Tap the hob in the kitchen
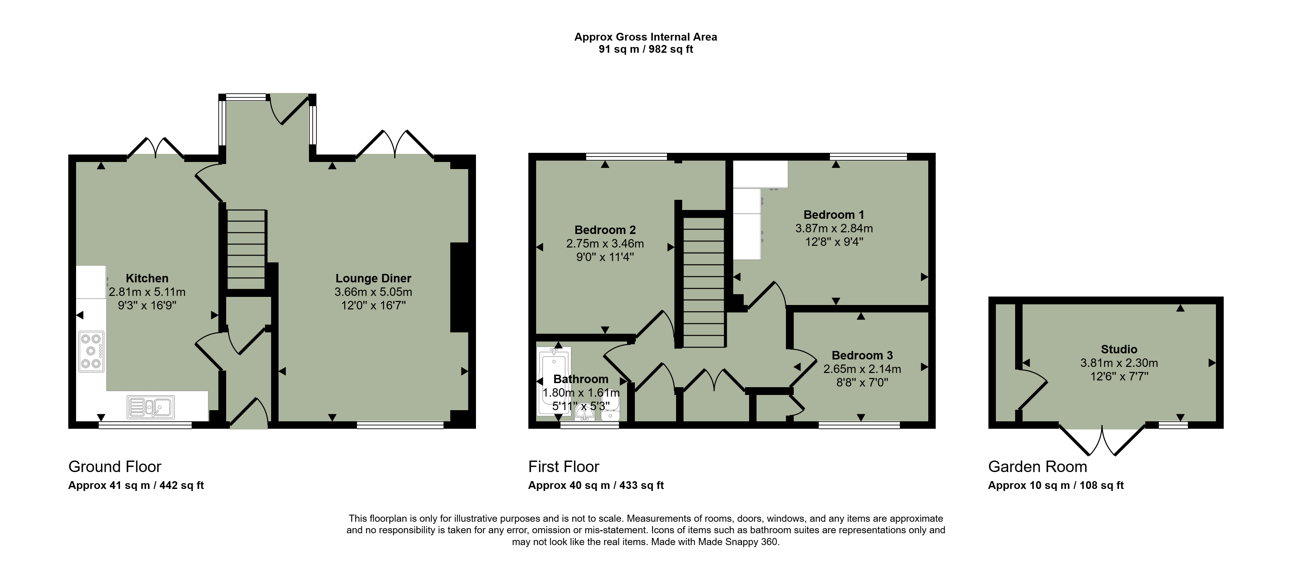point(91,351)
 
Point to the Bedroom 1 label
point(834,215)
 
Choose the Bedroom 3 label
point(862,355)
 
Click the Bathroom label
point(581,379)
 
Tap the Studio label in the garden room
point(1119,349)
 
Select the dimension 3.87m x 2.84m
point(834,228)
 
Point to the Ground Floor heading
point(115,467)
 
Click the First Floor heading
point(564,467)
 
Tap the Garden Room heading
point(1038,467)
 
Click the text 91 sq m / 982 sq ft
point(646,49)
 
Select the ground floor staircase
point(246,250)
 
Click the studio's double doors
point(1102,440)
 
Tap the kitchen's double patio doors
point(155,147)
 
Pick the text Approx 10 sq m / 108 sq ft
point(1056,485)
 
